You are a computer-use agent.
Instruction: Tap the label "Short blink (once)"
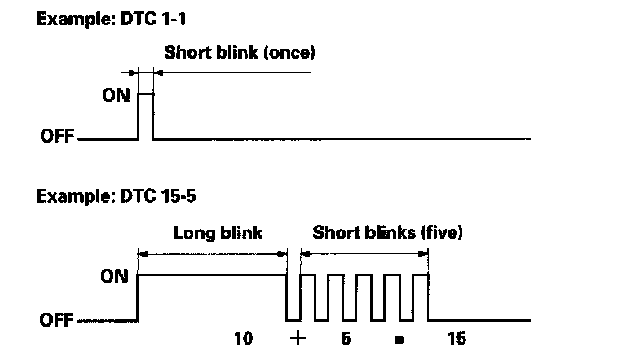(x=239, y=54)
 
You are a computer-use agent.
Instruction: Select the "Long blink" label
(x=218, y=233)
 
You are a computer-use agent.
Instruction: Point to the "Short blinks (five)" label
(x=388, y=233)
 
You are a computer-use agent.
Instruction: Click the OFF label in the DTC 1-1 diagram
(x=57, y=138)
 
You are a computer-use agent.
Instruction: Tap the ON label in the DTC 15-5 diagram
(x=115, y=275)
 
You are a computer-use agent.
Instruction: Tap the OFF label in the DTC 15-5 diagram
(x=57, y=320)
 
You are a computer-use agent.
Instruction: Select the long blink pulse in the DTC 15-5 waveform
(x=212, y=277)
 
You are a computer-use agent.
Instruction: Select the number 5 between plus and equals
(x=346, y=338)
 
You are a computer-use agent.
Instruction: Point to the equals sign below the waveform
(x=399, y=339)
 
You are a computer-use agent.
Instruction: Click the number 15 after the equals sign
(x=456, y=338)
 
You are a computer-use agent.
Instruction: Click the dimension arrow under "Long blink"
(x=212, y=253)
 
